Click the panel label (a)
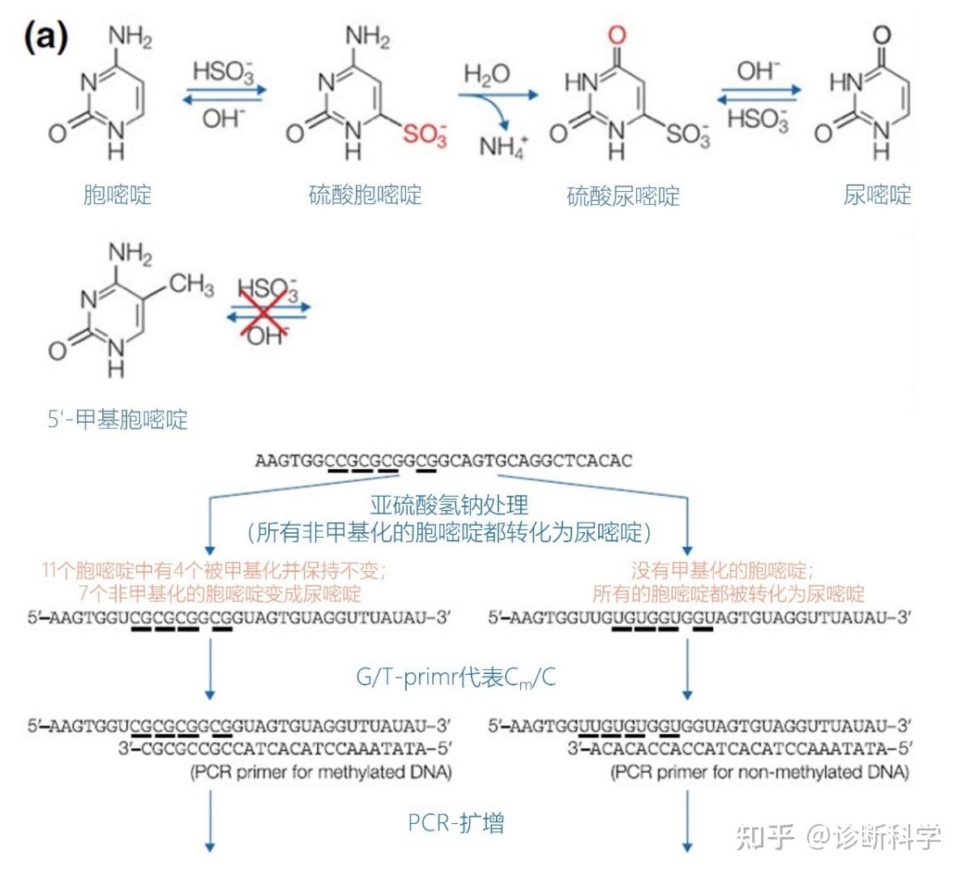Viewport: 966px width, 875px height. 46,36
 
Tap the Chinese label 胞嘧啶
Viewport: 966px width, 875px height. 117,195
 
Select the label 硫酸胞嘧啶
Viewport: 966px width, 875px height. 365,195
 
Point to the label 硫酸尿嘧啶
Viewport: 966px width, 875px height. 622,196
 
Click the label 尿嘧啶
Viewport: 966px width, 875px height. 877,195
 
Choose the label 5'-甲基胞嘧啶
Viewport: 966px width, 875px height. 118,420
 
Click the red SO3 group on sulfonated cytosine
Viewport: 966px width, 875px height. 425,134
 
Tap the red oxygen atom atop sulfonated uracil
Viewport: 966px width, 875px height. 618,35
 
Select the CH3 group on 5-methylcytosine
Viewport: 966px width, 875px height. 191,284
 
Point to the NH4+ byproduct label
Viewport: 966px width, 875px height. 503,147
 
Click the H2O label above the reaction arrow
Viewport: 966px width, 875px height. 486,75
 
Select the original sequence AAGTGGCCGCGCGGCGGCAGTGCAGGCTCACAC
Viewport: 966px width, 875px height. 443,461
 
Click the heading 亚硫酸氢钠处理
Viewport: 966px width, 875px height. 449,506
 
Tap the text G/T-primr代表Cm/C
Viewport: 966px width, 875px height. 455,677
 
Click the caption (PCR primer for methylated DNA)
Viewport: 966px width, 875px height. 321,772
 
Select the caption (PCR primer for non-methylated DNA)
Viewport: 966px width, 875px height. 759,772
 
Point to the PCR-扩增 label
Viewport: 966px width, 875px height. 455,823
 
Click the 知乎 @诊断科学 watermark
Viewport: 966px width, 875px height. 839,836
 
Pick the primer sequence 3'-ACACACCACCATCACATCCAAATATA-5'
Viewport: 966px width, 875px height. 739,748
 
